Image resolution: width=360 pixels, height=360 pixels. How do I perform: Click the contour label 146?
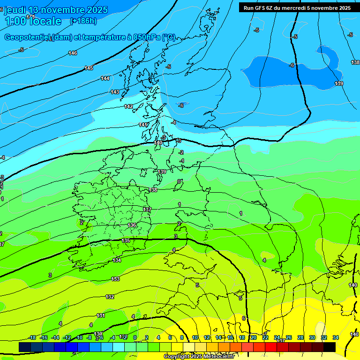pyautogui.click(x=73, y=53)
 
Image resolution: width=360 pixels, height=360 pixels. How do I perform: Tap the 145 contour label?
pyautogui.click(x=89, y=68)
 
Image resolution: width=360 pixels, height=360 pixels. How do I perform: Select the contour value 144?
pyautogui.click(x=105, y=78)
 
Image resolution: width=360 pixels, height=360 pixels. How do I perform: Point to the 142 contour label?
pyautogui.click(x=128, y=106)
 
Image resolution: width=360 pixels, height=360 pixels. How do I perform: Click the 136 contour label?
pyautogui.click(x=132, y=225)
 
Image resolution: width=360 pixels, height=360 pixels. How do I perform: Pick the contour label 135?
pyautogui.click(x=126, y=240)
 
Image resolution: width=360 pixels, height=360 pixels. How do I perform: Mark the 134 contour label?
pyautogui.click(x=117, y=260)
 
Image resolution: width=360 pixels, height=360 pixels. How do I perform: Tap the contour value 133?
pyautogui.click(x=115, y=279)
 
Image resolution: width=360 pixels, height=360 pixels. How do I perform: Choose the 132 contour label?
pyautogui.click(x=110, y=297)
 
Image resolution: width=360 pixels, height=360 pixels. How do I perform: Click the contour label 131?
pyautogui.click(x=101, y=315)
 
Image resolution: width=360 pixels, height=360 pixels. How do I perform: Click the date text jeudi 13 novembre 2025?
pyautogui.click(x=56, y=10)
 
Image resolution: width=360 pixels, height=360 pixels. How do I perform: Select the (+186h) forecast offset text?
pyautogui.click(x=83, y=21)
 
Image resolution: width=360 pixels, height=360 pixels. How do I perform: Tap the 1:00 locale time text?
pyautogui.click(x=33, y=21)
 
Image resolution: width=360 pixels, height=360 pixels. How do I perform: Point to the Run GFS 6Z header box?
pyautogui.click(x=297, y=7)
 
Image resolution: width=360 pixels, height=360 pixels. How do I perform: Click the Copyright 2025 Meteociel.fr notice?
pyautogui.click(x=199, y=356)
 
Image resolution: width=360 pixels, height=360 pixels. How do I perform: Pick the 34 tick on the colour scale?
pyautogui.click(x=335, y=337)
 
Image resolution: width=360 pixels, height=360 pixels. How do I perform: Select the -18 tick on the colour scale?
pyautogui.click(x=32, y=337)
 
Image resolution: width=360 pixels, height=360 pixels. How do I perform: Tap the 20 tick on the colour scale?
pyautogui.click(x=253, y=337)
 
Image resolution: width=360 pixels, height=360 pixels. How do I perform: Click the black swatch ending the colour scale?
pyautogui.click(x=330, y=347)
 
